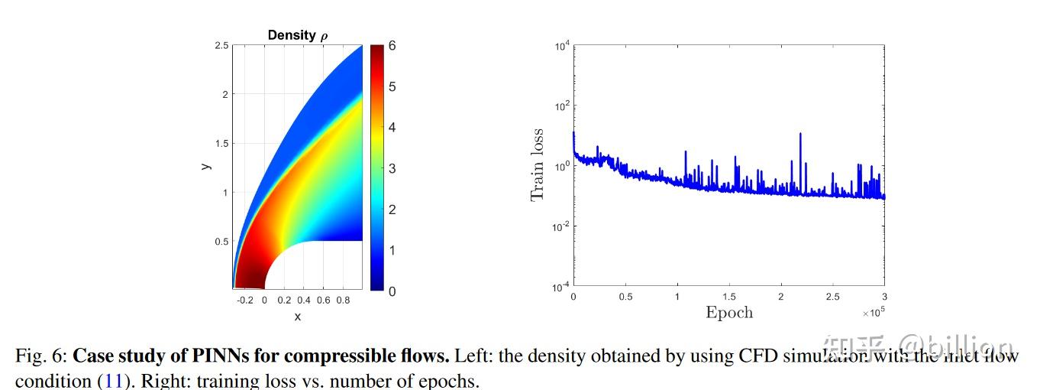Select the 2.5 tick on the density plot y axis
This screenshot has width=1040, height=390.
click(221, 46)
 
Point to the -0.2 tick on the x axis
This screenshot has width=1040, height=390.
click(245, 301)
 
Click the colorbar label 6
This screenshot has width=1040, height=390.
click(392, 46)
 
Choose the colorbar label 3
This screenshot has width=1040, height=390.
click(392, 168)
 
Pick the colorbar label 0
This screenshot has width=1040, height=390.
click(392, 291)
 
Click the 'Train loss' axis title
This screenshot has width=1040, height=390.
click(538, 165)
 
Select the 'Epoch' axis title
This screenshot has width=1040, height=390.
click(728, 312)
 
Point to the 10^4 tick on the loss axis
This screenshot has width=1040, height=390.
click(563, 47)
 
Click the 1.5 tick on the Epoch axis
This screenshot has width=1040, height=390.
click(728, 297)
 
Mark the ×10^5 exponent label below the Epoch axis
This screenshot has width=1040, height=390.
click(873, 312)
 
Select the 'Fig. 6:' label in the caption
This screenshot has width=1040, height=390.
click(41, 356)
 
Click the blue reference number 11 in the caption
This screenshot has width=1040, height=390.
click(113, 381)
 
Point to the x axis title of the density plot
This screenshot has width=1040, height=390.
click(297, 317)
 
